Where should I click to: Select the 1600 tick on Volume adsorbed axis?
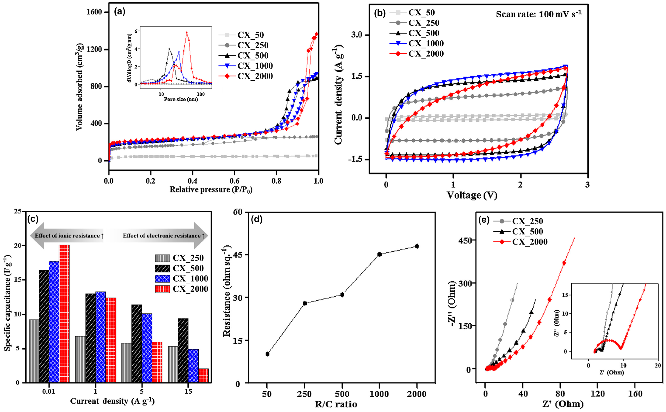pyautogui.click(x=94, y=12)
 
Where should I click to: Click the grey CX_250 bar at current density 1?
pyautogui.click(x=80, y=359)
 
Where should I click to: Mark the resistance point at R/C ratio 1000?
pyautogui.click(x=379, y=254)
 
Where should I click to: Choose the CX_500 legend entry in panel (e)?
pyautogui.click(x=527, y=231)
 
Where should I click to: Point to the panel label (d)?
pyautogui.click(x=256, y=220)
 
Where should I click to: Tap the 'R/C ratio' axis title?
pyautogui.click(x=336, y=404)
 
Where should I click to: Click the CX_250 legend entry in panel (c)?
pyautogui.click(x=188, y=258)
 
